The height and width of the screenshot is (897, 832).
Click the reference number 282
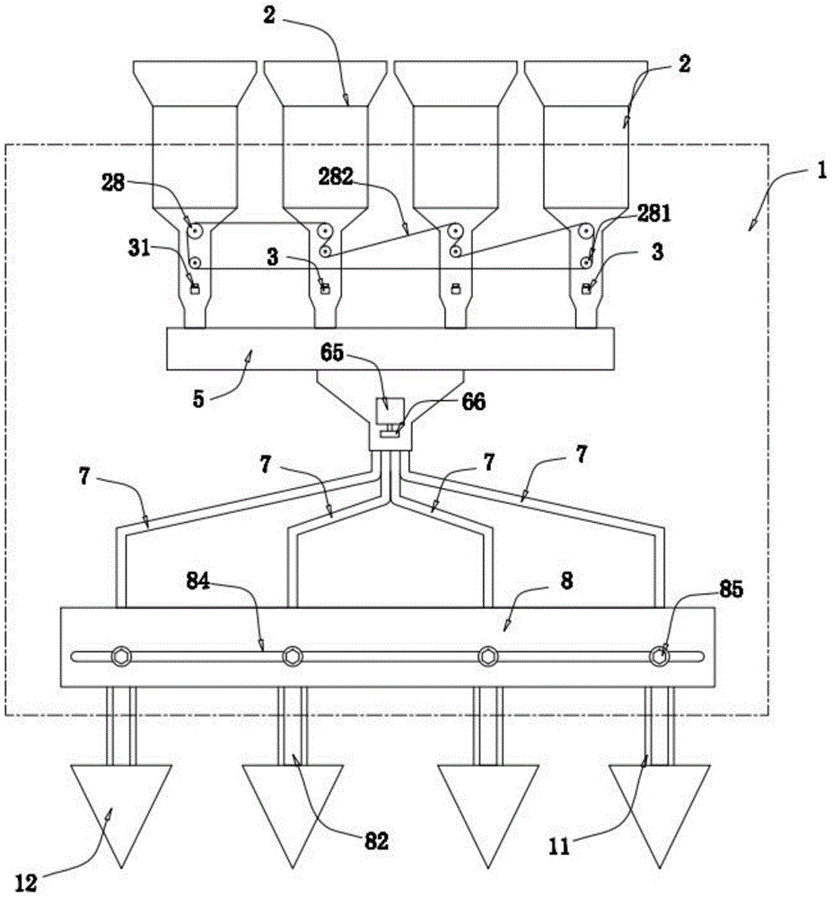click(x=336, y=177)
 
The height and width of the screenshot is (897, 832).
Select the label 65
click(x=332, y=353)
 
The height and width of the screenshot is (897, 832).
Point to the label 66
click(x=473, y=402)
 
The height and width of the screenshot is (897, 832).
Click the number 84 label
click(x=198, y=581)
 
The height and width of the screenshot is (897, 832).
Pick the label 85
click(x=731, y=589)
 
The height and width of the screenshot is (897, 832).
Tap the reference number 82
click(x=376, y=840)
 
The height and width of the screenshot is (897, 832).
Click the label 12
click(x=25, y=884)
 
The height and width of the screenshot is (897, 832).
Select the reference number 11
click(x=559, y=847)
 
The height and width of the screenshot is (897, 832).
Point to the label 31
click(x=138, y=248)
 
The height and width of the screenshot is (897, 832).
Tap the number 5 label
click(x=198, y=399)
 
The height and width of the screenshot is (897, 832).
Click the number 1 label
click(x=821, y=171)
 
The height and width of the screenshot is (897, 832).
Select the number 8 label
click(x=566, y=581)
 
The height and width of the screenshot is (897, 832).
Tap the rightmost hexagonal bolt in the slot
click(x=659, y=656)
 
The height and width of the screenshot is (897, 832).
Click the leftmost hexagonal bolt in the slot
click(x=122, y=656)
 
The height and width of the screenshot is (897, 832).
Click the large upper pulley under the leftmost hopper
click(x=196, y=231)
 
